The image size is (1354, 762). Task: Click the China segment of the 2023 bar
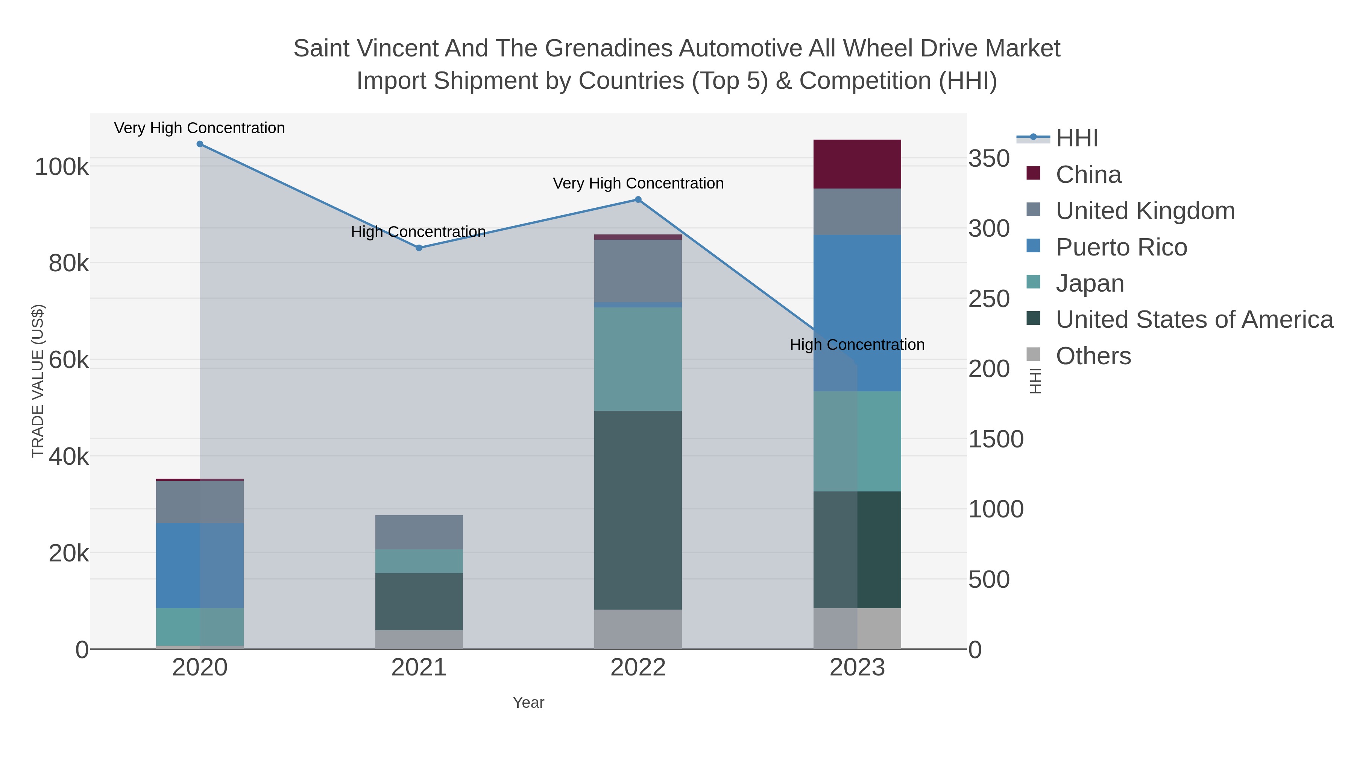point(857,164)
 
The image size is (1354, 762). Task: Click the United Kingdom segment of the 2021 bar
point(419,532)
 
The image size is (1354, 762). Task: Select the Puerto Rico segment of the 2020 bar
point(200,565)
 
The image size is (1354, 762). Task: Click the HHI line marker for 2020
point(200,144)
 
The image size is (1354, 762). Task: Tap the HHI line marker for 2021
point(419,248)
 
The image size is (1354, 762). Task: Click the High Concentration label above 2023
point(857,345)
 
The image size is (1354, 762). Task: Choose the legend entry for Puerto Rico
point(1121,247)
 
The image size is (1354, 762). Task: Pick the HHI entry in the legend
point(1076,138)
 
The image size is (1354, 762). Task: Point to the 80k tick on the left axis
point(69,263)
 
